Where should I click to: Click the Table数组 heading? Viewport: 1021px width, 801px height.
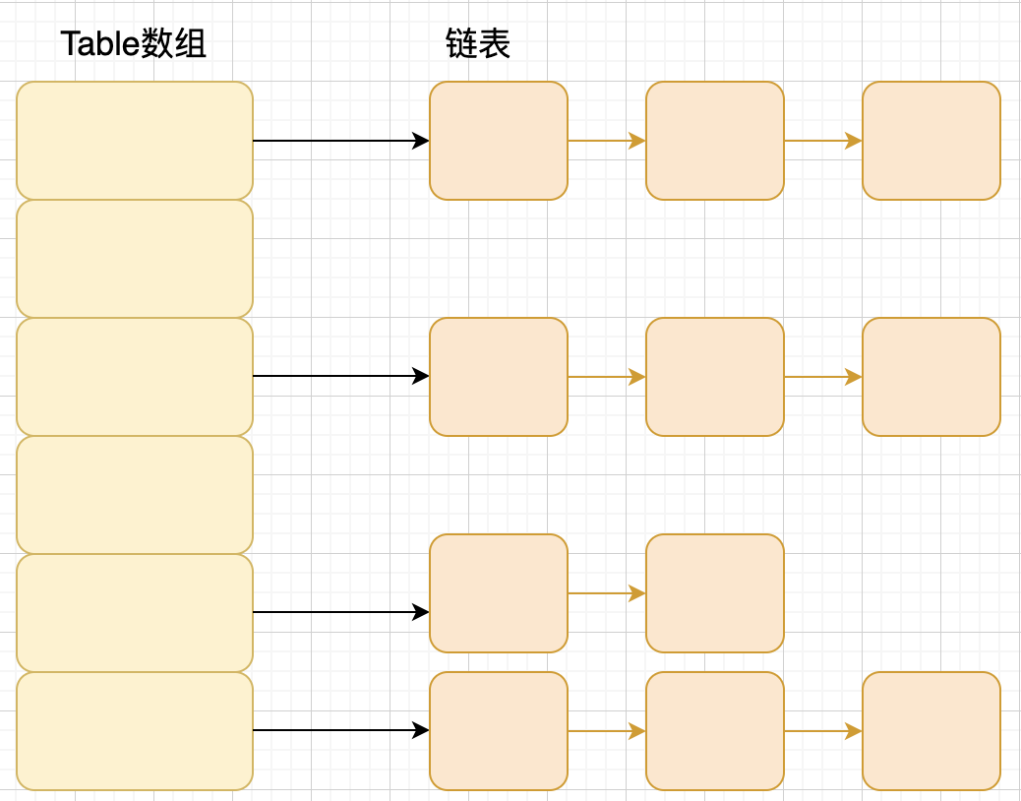click(x=134, y=44)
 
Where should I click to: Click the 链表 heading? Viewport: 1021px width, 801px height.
click(x=478, y=44)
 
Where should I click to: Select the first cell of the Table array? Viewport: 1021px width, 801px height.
click(x=135, y=141)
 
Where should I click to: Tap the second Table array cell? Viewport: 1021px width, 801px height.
click(x=135, y=259)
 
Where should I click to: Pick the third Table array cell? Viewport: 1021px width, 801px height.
click(x=135, y=377)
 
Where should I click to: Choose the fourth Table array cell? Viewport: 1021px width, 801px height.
click(x=135, y=495)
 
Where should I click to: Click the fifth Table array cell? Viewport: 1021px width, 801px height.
click(x=135, y=613)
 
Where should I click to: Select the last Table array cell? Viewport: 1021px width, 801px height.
click(x=135, y=731)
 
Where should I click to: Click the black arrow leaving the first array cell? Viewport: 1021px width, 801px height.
click(x=340, y=141)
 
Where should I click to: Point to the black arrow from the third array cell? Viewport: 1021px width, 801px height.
click(x=340, y=376)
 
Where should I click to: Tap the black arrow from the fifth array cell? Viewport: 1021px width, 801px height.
click(x=340, y=612)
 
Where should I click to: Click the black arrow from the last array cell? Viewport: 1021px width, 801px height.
click(x=340, y=730)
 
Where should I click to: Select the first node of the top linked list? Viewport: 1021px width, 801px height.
click(x=499, y=141)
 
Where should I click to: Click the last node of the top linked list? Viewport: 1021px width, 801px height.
click(x=931, y=141)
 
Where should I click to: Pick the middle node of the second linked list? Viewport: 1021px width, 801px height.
click(x=715, y=377)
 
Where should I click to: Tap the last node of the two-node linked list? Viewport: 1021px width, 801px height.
click(x=715, y=593)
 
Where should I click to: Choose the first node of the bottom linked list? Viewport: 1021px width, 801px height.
click(x=499, y=731)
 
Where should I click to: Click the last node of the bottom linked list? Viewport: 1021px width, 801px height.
click(x=931, y=731)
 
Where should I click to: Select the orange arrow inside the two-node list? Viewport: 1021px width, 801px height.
click(x=606, y=593)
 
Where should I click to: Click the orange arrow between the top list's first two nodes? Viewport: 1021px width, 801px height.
click(x=606, y=141)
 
